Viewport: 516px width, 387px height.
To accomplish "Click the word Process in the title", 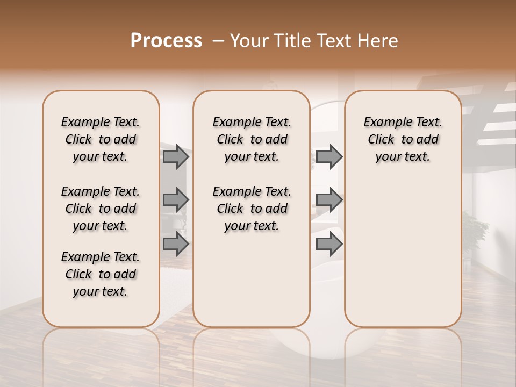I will pos(166,41).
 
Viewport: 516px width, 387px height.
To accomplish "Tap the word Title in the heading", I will pos(292,41).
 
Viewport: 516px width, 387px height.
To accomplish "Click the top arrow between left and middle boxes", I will pos(176,157).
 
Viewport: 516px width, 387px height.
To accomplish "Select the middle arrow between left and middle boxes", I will pos(176,200).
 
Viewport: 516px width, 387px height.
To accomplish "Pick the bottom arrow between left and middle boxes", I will pos(176,244).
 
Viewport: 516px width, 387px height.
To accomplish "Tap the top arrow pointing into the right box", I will pos(329,157).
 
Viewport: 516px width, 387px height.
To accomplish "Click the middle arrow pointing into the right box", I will pos(329,200).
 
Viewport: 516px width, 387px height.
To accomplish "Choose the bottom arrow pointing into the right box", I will pos(329,244).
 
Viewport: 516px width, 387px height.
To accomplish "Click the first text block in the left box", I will pos(101,139).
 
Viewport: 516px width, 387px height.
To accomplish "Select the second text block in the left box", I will pos(101,209).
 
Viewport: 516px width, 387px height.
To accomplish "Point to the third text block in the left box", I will pos(101,274).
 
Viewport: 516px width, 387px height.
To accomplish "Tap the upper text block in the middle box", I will pos(252,139).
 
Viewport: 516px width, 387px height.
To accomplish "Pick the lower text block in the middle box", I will pos(252,209).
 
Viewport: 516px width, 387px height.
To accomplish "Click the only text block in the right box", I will pos(403,139).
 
